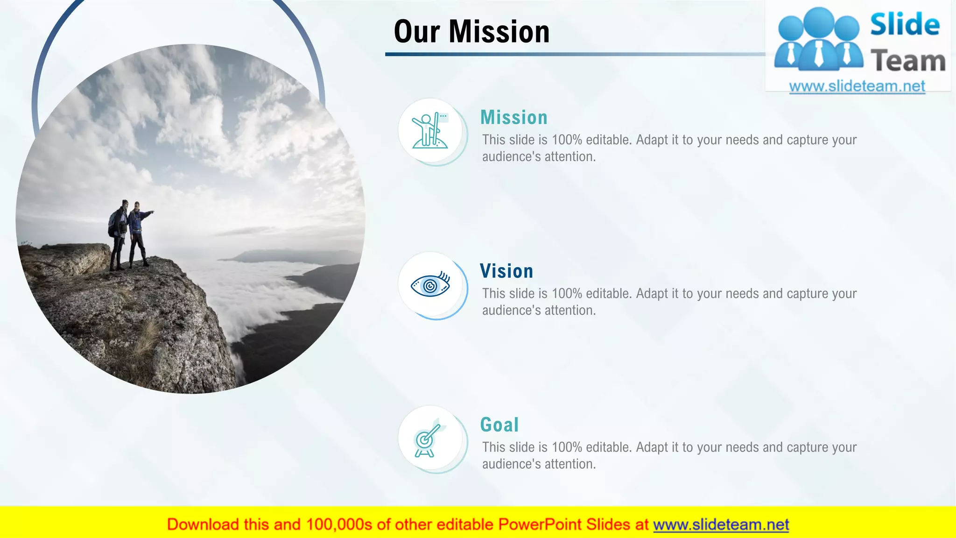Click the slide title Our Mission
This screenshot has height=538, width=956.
[x=471, y=32]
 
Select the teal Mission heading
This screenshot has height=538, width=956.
[x=513, y=117]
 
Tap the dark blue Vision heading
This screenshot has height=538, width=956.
[x=506, y=271]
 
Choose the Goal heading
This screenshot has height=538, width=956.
[x=499, y=425]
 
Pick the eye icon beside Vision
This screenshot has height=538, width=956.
[x=430, y=285]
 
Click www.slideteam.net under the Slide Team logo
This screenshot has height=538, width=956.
[x=857, y=86]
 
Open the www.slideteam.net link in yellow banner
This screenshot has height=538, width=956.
[x=721, y=524]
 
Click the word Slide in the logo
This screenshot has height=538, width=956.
[x=905, y=24]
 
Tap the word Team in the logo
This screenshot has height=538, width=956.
[x=907, y=61]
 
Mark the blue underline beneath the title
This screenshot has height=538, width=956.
[x=574, y=54]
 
